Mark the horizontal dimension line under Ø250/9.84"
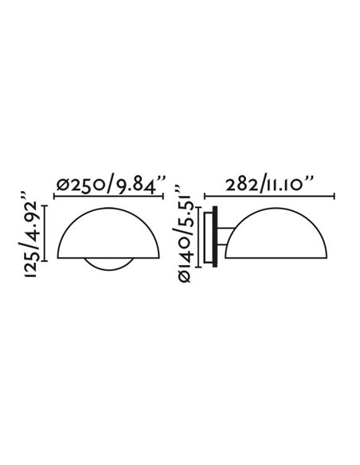point(110,196)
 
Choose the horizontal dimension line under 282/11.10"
point(271,196)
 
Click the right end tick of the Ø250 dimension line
point(165,196)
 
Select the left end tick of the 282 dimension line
point(206,196)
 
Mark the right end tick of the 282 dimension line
point(335,196)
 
